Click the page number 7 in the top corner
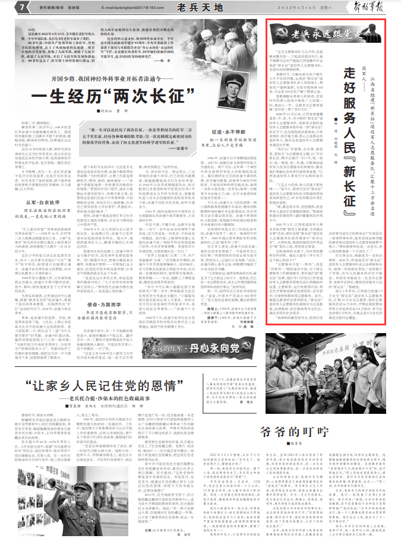tap(21, 7)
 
